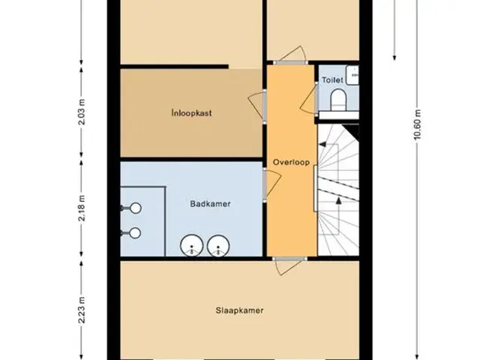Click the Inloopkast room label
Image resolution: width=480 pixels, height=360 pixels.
pyautogui.click(x=192, y=113)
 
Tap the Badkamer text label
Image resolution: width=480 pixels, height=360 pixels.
pyautogui.click(x=210, y=204)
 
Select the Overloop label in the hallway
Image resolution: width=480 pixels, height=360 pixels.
pyautogui.click(x=291, y=162)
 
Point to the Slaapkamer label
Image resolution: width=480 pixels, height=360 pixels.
pyautogui.click(x=239, y=310)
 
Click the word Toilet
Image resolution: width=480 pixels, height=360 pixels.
pyautogui.click(x=332, y=80)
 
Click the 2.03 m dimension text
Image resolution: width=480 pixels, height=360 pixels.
pyautogui.click(x=82, y=112)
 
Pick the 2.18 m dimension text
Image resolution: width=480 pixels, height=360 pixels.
pyautogui.click(x=82, y=208)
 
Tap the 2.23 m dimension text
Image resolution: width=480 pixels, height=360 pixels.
pyautogui.click(x=82, y=310)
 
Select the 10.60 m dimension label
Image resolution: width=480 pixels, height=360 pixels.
pyautogui.click(x=418, y=124)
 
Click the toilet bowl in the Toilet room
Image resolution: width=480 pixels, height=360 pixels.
pyautogui.click(x=338, y=100)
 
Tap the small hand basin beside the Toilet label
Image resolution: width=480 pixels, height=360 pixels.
pyautogui.click(x=352, y=75)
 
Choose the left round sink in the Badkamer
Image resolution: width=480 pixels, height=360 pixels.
pyautogui.click(x=192, y=245)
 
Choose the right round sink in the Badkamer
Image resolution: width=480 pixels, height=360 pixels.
pyautogui.click(x=218, y=245)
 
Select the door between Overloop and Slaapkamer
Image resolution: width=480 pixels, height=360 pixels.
pyautogui.click(x=289, y=265)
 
